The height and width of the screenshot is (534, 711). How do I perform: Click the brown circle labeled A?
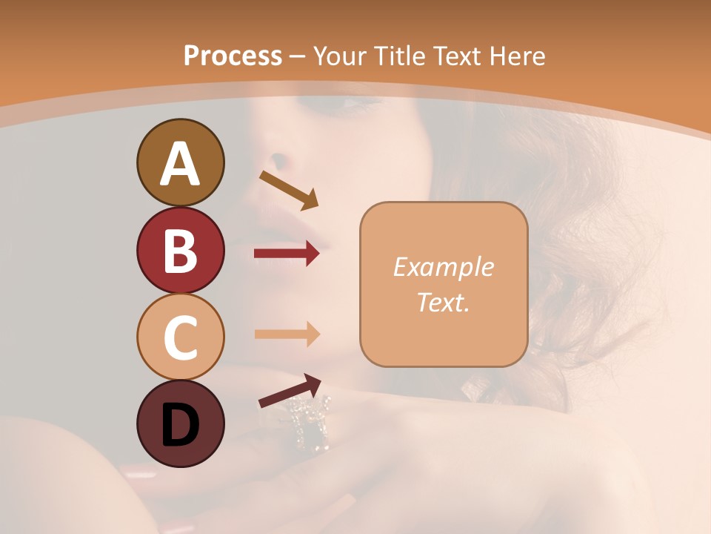[180, 162]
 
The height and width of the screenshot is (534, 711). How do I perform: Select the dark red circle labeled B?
[180, 250]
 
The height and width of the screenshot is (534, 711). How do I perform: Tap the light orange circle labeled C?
[180, 337]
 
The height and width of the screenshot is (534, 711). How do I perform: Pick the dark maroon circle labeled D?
[180, 423]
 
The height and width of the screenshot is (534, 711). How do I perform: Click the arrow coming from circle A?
[288, 188]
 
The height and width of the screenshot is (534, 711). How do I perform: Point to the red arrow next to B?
[287, 254]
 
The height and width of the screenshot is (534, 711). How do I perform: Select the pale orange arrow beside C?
[287, 334]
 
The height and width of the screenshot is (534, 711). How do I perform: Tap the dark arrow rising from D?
[290, 392]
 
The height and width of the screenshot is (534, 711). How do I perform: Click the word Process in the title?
[233, 56]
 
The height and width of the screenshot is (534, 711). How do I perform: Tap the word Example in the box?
[443, 267]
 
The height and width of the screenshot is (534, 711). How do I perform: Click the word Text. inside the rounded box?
[443, 302]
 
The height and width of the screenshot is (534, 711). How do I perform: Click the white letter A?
[180, 164]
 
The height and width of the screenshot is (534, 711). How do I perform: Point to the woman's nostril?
[278, 160]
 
